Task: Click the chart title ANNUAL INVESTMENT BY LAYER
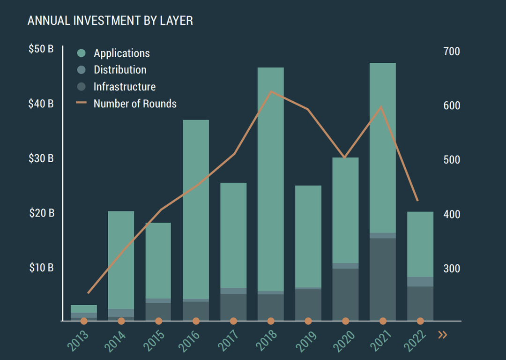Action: pos(110,21)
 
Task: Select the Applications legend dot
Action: pos(81,53)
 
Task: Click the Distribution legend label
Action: pos(120,70)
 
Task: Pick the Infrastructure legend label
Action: pos(124,87)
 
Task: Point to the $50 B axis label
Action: pos(41,49)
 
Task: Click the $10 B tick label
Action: pos(41,268)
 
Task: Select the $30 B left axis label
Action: pos(41,158)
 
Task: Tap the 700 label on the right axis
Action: pos(452,52)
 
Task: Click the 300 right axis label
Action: pos(452,269)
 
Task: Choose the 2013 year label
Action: pos(78,341)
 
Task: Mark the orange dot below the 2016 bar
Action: pos(196,321)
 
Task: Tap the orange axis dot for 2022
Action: pos(420,321)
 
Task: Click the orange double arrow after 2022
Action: pos(442,335)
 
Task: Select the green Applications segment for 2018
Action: pos(271,178)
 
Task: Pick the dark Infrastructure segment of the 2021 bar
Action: pos(383,279)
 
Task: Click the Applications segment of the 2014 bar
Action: pos(121,260)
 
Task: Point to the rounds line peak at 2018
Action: pos(271,91)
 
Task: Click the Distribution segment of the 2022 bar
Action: pos(420,282)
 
